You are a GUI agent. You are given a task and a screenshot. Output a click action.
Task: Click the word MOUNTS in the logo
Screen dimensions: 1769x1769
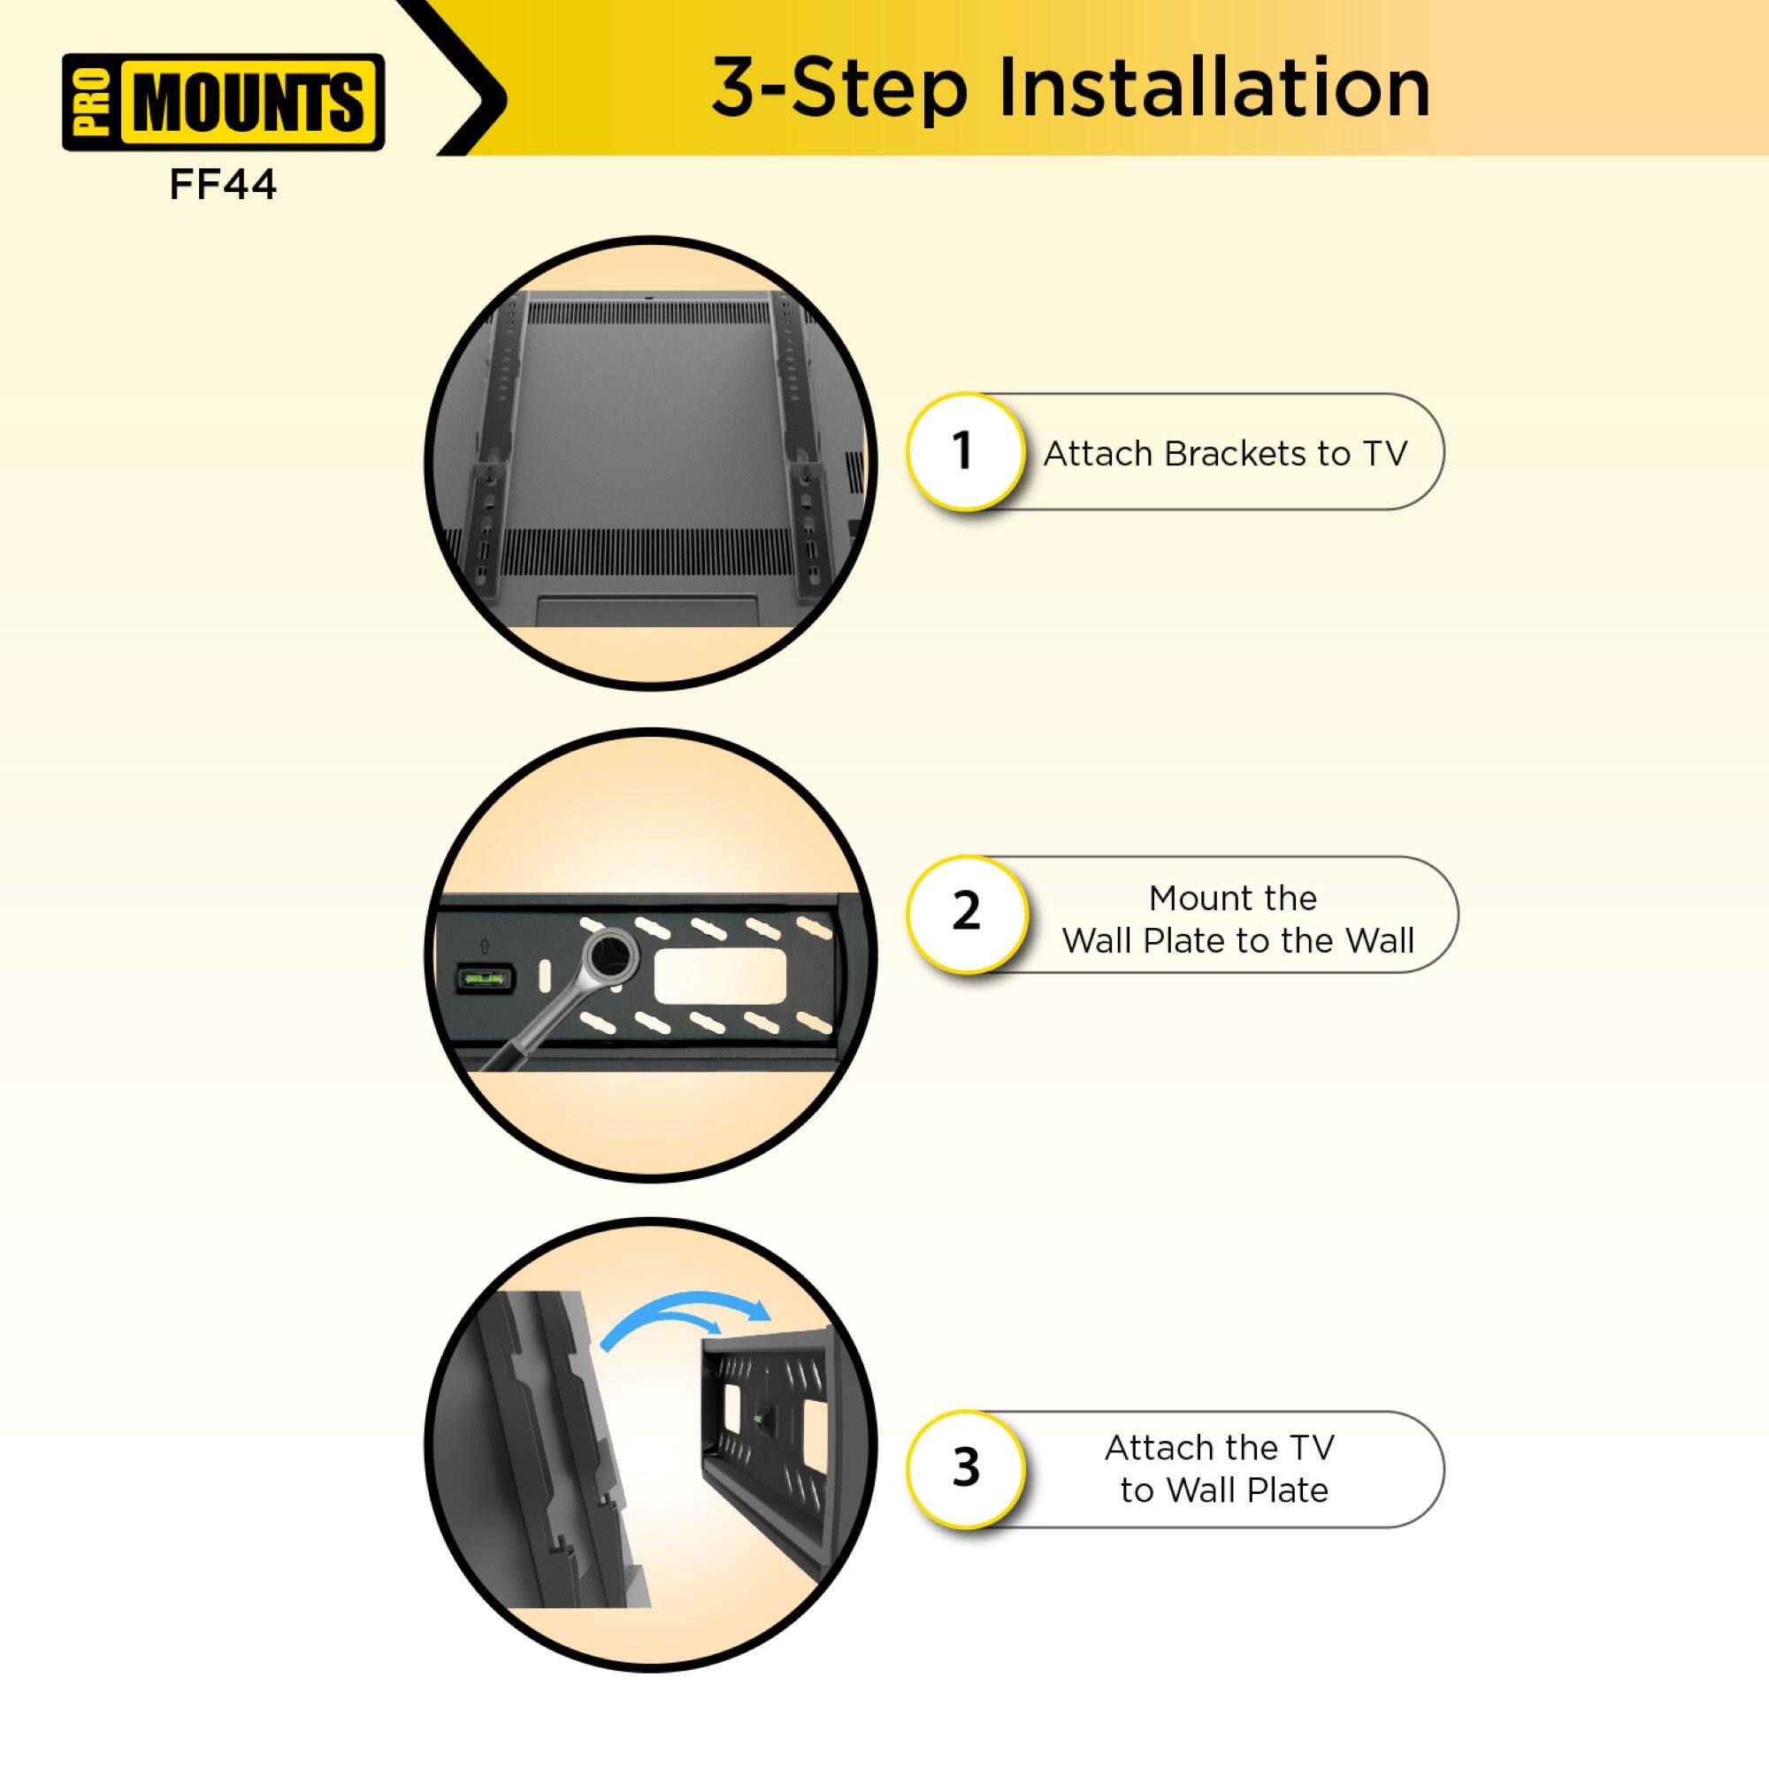coord(249,102)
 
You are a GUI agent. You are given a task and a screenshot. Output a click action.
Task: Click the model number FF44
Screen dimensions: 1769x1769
coord(223,186)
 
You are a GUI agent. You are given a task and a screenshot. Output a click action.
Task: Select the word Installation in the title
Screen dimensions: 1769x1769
coord(1213,88)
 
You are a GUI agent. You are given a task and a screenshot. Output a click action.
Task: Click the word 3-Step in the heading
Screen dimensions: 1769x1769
coord(839,88)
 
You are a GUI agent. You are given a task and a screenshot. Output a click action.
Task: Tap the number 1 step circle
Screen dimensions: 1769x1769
coord(964,451)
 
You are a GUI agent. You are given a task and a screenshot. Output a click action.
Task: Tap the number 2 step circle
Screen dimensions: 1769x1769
coord(966,912)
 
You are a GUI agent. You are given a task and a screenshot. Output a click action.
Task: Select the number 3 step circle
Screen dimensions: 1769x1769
coord(966,1467)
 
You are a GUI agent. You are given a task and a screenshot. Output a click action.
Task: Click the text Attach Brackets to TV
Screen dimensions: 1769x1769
coord(1224,454)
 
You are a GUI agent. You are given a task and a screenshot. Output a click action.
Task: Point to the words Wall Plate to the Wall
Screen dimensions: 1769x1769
coord(1238,940)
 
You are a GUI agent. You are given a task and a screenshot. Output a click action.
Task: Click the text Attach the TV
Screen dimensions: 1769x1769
coord(1219,1448)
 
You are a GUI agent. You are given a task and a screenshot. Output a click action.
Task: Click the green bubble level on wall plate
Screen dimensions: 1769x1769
coord(486,980)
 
